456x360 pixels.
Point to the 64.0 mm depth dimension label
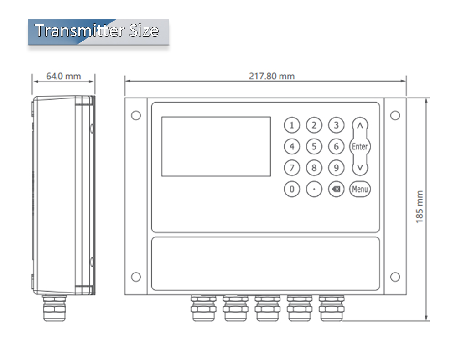(x=63, y=76)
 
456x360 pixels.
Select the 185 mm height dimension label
(x=420, y=207)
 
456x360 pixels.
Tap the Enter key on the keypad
(x=360, y=147)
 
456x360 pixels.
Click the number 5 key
(x=314, y=147)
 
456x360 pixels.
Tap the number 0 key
(x=292, y=189)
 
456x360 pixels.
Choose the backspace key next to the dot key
(x=336, y=189)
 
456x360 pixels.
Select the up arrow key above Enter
(x=360, y=125)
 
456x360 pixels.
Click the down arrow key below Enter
(x=360, y=168)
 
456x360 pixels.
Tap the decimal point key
(x=314, y=189)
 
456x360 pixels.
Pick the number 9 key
(x=336, y=168)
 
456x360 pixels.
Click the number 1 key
(x=292, y=125)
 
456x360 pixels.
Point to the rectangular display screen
(x=216, y=146)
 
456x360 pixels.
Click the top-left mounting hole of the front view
(x=136, y=115)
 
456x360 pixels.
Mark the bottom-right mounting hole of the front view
(x=395, y=277)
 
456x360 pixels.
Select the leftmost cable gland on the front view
(x=203, y=308)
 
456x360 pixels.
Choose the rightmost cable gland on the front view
(x=331, y=308)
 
